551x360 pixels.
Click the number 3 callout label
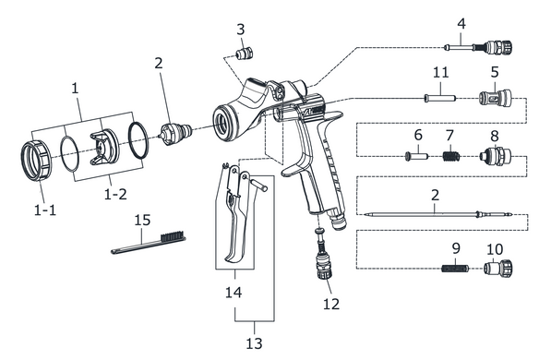coord(240,30)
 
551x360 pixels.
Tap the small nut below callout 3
coord(245,54)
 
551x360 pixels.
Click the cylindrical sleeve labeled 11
coord(440,98)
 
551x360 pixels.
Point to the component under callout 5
coord(496,98)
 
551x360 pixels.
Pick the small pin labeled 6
coord(416,156)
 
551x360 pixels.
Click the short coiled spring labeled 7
coord(450,156)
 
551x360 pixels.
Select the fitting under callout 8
coord(496,156)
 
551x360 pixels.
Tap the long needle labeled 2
coord(438,214)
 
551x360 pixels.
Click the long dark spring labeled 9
coord(455,269)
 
